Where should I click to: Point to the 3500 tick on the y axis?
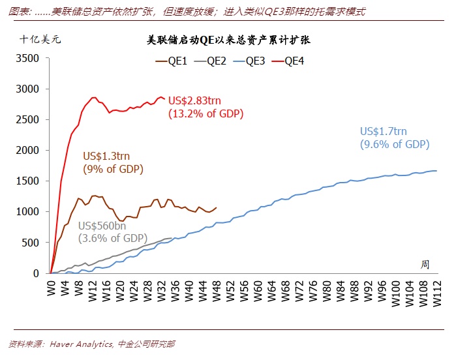28,58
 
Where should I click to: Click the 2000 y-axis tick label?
28,151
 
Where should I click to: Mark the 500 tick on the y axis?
31,243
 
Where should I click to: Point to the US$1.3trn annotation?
106,156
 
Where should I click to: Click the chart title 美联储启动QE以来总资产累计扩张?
228,40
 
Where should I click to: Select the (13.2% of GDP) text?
205,113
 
